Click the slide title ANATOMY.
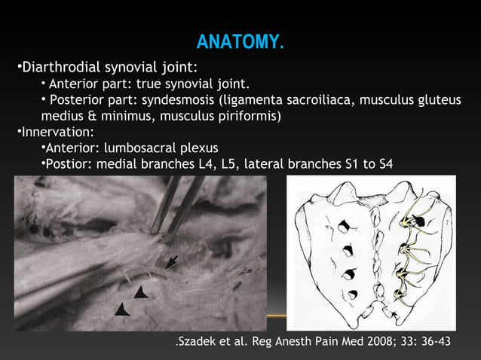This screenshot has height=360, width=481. pyautogui.click(x=240, y=42)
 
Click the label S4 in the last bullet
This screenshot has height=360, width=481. pyautogui.click(x=384, y=164)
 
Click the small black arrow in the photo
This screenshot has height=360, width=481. pyautogui.click(x=172, y=261)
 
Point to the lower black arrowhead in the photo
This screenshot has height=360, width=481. pyautogui.click(x=122, y=309)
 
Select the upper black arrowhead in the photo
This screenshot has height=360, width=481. pyautogui.click(x=141, y=291)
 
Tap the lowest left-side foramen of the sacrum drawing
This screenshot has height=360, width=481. pyautogui.click(x=350, y=294)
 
